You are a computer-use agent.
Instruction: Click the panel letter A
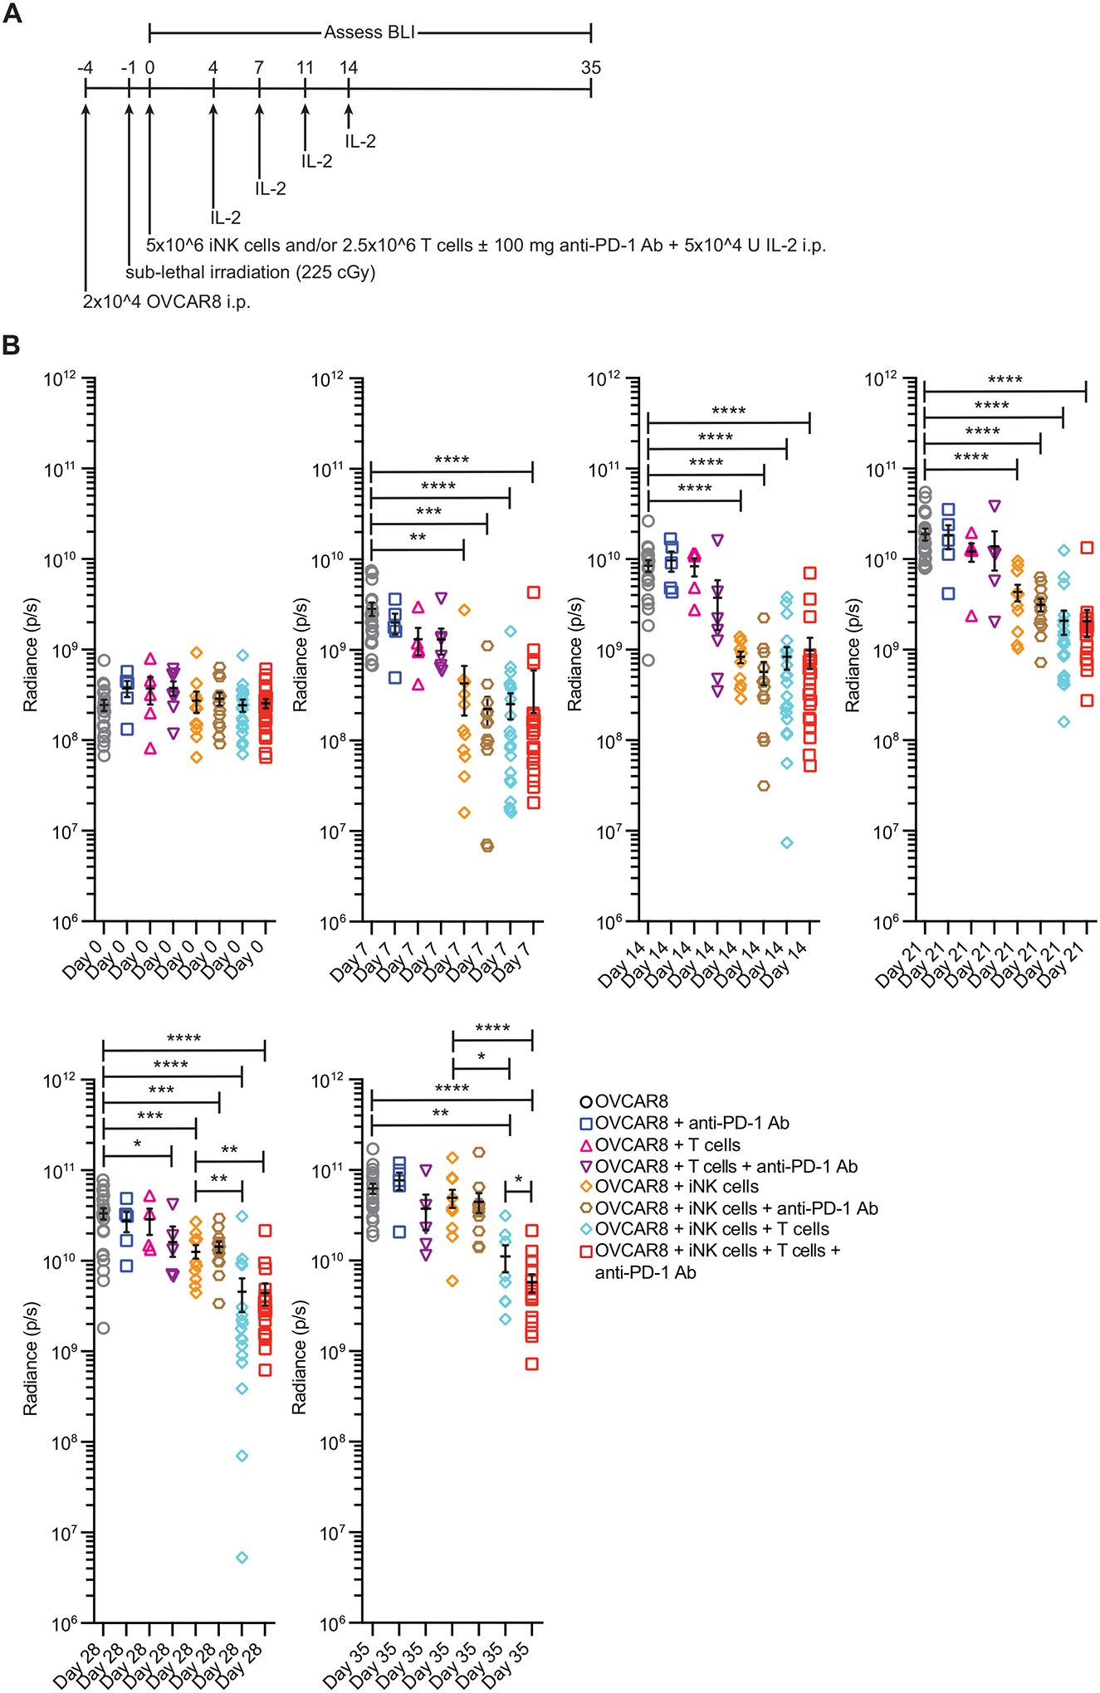[12, 14]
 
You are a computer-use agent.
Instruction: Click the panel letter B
[12, 344]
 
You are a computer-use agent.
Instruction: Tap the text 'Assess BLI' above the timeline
[369, 32]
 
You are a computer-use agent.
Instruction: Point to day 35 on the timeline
[590, 68]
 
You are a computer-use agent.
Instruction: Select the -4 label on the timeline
[85, 68]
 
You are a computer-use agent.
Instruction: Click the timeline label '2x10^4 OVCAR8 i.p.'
[166, 301]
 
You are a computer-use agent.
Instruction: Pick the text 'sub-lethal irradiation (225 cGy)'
[251, 272]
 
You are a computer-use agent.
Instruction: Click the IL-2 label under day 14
[360, 141]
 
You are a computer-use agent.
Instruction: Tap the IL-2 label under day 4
[225, 217]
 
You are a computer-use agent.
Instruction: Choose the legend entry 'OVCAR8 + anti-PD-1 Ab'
[692, 1124]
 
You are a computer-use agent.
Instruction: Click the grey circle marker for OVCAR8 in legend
[586, 1102]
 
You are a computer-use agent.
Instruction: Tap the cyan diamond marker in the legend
[586, 1229]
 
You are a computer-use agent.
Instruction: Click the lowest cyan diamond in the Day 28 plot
[242, 1558]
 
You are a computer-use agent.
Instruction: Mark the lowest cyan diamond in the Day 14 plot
[787, 842]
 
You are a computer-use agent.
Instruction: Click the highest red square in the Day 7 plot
[533, 593]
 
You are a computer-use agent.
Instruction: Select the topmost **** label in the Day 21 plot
[1005, 380]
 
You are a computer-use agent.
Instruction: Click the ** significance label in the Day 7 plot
[418, 538]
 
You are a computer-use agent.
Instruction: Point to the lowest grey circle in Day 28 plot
[103, 1328]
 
